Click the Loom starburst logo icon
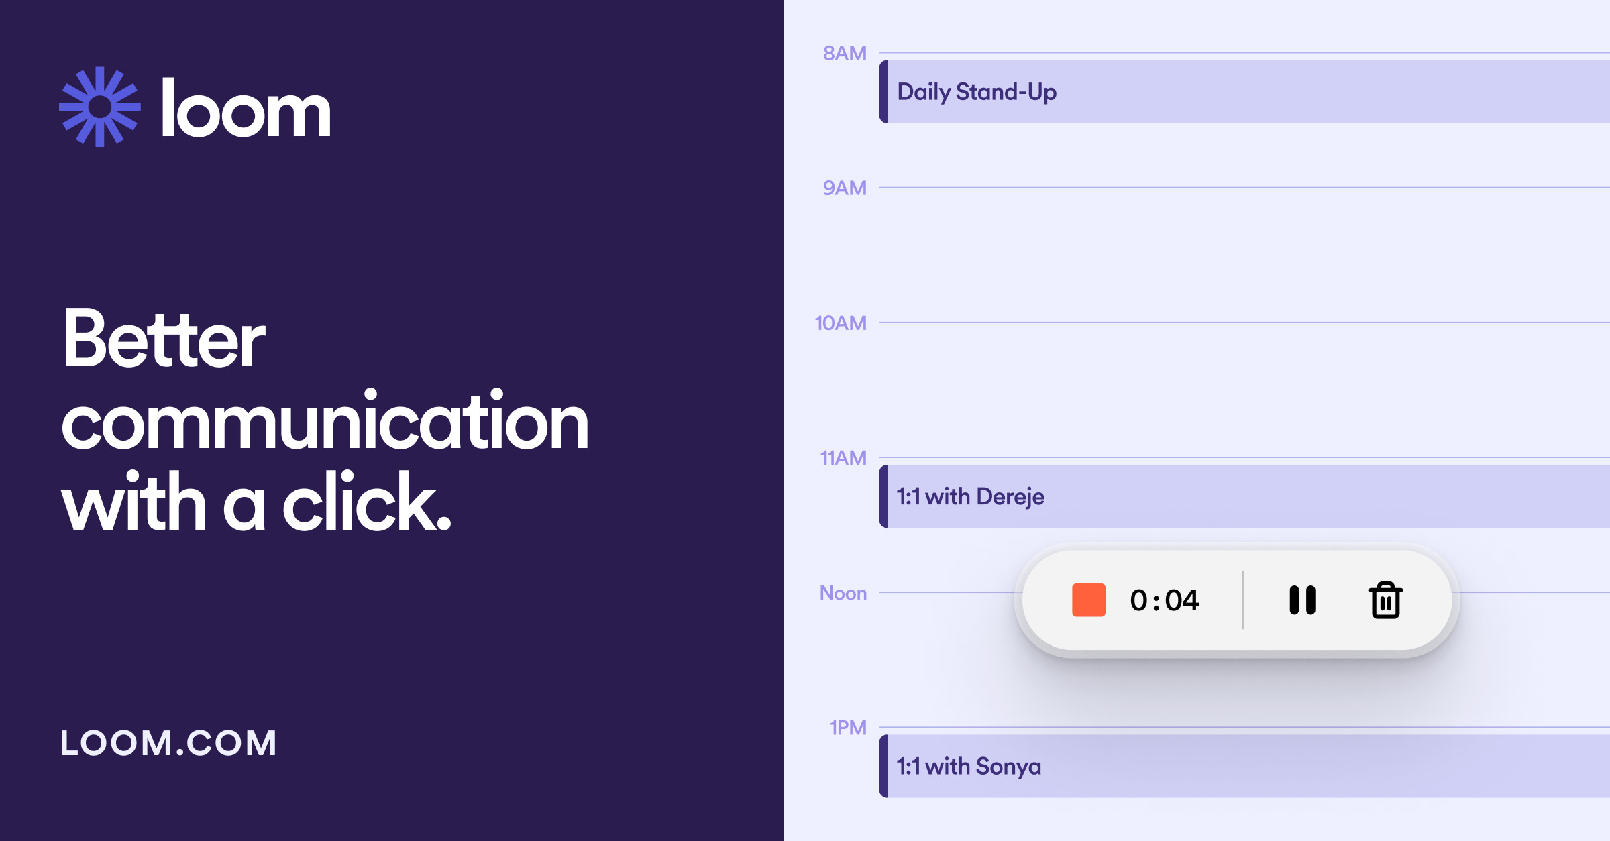tap(100, 107)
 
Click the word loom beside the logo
tap(246, 109)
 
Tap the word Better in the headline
tap(164, 339)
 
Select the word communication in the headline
tap(325, 423)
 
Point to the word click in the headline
tap(366, 503)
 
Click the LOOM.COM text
tap(168, 743)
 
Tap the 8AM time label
tap(845, 53)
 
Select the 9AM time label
tap(845, 188)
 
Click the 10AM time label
tap(840, 323)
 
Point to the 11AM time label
tap(843, 458)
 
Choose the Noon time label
tap(843, 593)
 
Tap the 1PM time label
tap(847, 728)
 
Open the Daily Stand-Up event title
tap(977, 92)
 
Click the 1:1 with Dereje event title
tap(970, 496)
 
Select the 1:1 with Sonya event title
tap(969, 766)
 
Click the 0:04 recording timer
tap(1165, 600)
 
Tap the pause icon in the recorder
tap(1302, 600)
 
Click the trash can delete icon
tap(1385, 600)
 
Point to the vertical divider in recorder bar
tap(1243, 600)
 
